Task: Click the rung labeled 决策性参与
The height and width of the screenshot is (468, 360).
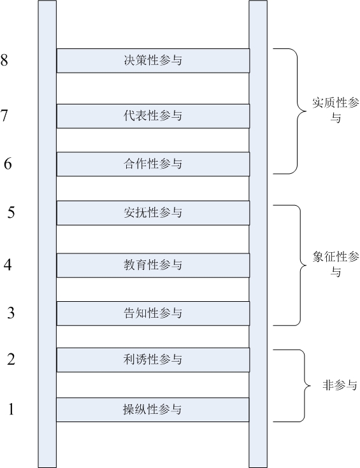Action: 153,60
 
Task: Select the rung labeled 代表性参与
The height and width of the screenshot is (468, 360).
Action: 153,116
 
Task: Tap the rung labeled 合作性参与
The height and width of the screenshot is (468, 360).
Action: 153,164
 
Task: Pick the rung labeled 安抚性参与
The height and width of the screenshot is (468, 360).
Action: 153,213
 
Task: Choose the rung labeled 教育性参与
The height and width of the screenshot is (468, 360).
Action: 153,266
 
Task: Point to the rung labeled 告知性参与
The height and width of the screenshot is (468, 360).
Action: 153,313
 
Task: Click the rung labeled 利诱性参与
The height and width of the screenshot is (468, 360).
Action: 153,360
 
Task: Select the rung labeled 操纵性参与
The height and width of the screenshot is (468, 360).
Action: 153,409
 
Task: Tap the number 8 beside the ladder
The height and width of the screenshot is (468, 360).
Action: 4,59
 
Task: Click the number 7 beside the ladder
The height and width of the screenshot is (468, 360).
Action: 4,115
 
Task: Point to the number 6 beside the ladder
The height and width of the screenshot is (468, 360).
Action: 8,164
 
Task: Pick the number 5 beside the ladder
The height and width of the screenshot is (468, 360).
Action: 11,212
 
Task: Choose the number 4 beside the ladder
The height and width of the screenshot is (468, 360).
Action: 8,264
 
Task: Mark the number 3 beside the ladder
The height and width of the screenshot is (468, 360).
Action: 11,313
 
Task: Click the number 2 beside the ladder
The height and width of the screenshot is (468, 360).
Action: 11,359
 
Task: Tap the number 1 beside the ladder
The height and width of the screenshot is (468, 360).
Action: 11,409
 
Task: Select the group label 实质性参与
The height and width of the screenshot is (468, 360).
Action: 336,110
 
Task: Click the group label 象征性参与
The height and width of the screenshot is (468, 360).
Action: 336,264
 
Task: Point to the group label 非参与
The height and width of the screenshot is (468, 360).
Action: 340,385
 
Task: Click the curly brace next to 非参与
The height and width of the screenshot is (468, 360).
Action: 305,386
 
